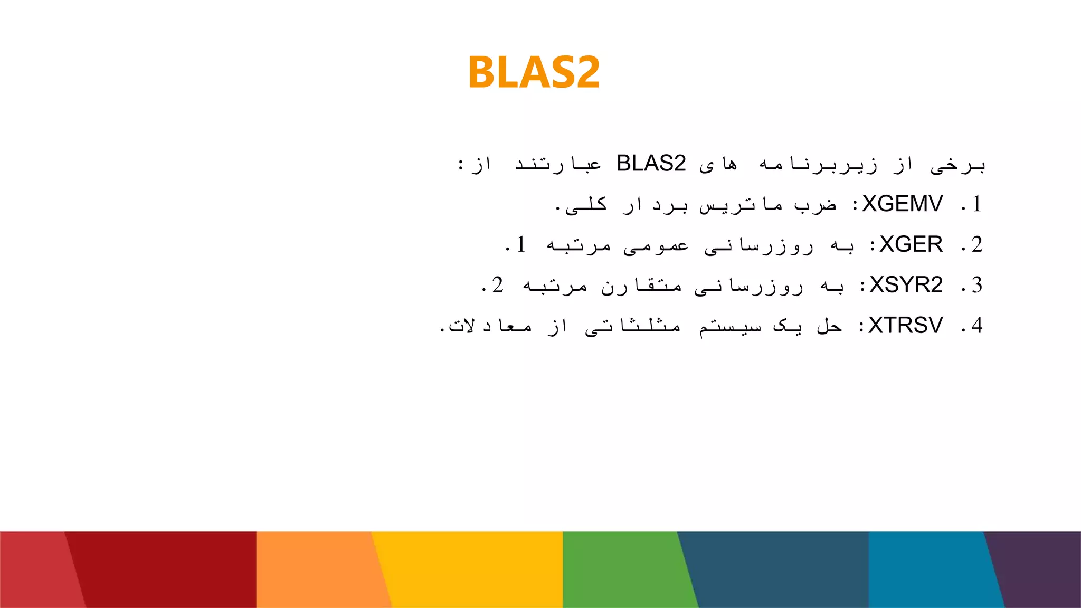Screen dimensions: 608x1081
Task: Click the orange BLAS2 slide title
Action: click(534, 72)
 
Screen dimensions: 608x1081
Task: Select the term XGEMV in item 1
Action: click(902, 204)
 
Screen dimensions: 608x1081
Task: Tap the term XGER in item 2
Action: click(911, 245)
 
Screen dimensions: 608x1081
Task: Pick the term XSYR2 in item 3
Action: click(906, 285)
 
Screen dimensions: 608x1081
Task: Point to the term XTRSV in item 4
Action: click(905, 326)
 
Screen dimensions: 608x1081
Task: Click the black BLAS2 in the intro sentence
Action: click(651, 164)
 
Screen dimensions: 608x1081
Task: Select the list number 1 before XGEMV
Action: click(976, 204)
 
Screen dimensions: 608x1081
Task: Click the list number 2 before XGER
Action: click(976, 245)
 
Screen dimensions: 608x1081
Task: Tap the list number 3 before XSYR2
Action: click(976, 285)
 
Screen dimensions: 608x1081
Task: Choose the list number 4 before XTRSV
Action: click(976, 326)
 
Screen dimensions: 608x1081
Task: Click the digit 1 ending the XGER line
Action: click(521, 245)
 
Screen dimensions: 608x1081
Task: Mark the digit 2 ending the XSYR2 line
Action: click(497, 285)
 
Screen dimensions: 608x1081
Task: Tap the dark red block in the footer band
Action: click(164, 570)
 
